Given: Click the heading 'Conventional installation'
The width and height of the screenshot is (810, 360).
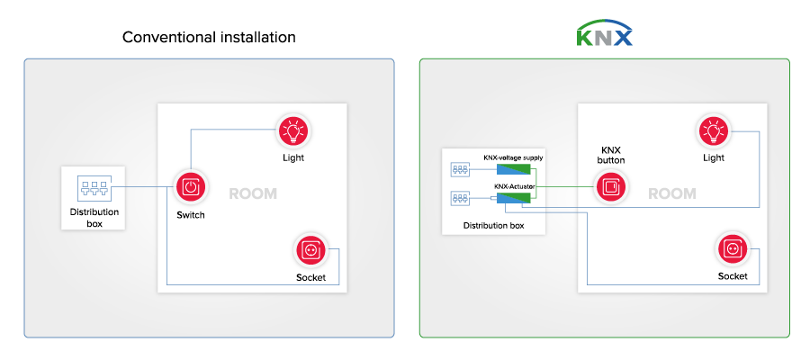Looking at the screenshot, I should click(209, 38).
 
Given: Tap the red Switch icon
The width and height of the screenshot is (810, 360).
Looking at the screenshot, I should click(190, 187).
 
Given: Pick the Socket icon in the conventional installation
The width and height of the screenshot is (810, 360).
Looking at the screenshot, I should click(310, 249).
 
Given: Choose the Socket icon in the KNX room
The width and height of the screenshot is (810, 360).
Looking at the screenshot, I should click(732, 248).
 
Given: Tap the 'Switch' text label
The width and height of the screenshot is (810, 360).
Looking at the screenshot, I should click(190, 215).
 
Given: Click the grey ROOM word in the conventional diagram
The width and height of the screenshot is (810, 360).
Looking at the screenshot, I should click(253, 193).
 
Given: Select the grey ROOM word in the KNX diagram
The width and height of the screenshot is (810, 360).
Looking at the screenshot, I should click(672, 193).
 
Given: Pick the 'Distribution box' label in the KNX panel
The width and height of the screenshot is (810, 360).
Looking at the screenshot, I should click(493, 225).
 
